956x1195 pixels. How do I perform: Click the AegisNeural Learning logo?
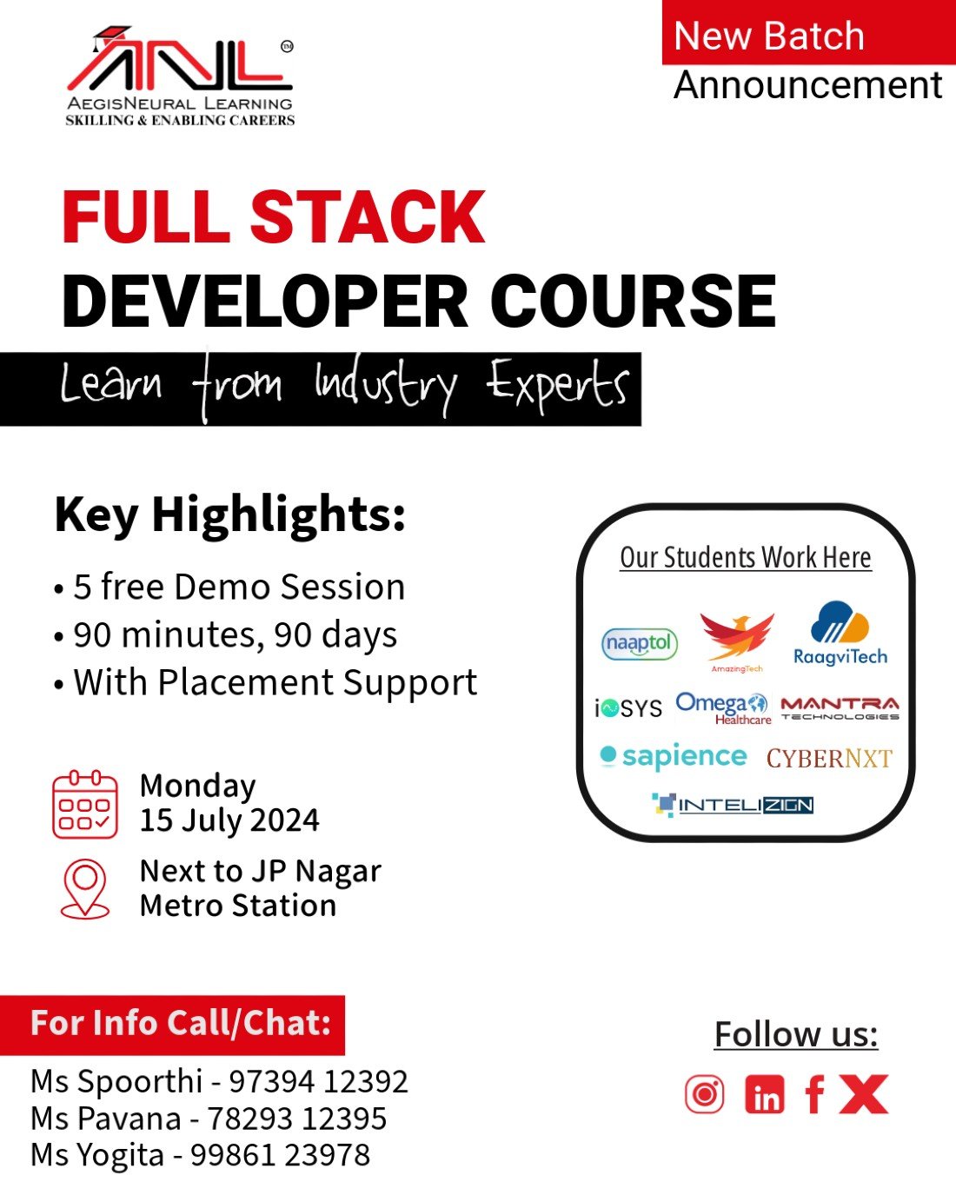coord(180,76)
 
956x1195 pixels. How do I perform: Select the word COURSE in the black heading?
coord(633,302)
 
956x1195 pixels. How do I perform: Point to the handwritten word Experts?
coord(557,386)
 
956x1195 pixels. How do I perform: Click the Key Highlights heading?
coord(229,515)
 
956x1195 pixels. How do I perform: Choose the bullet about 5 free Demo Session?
coord(230,588)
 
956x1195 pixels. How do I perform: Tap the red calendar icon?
coord(85,804)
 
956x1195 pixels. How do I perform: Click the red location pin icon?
coord(85,888)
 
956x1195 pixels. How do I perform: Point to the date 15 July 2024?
coord(229,820)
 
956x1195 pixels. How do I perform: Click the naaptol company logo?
coord(640,644)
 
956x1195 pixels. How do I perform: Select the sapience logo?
coord(674,757)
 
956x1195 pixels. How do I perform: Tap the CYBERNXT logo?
coord(829,759)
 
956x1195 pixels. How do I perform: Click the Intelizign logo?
coord(734,805)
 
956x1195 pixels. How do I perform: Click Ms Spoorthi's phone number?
coord(318,1082)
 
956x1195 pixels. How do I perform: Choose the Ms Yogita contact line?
coord(201,1155)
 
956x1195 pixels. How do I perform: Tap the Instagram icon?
coord(704,1093)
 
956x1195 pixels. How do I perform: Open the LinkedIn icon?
coord(765,1094)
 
